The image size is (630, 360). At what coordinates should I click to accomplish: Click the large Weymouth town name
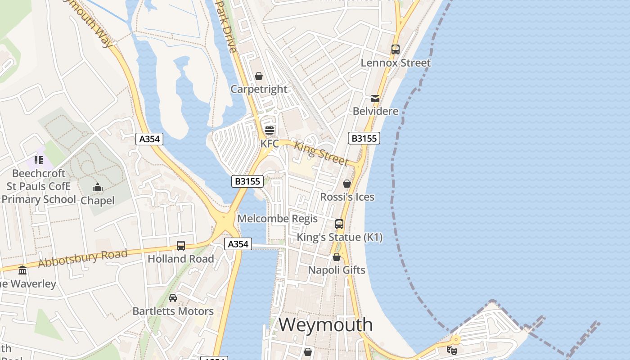coord(326,324)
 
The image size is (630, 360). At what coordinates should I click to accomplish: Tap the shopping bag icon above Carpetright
coord(259,76)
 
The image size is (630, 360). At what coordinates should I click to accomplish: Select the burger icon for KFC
coord(270,130)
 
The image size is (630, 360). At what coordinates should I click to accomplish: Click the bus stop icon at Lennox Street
coord(396,49)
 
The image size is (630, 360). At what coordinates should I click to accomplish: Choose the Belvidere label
coord(376,111)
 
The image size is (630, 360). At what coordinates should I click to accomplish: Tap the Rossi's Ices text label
coord(347,197)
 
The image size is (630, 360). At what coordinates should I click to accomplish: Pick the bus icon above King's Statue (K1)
coord(339,224)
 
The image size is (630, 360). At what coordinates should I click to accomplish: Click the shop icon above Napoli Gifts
coord(337,257)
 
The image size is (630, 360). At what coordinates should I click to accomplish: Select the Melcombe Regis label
coord(278,219)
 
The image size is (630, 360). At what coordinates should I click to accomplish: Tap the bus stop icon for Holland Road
coord(181,246)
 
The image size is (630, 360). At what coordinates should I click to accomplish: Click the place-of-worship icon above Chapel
coord(98,187)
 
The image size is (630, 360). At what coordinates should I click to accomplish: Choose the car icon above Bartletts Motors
coord(173,298)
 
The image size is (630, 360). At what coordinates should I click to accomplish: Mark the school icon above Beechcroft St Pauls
coord(39,160)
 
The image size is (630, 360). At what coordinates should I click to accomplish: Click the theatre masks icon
coord(452,350)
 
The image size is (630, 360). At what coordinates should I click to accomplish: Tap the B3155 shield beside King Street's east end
coord(364,138)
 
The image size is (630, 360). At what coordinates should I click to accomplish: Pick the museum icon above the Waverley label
coord(22,270)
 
